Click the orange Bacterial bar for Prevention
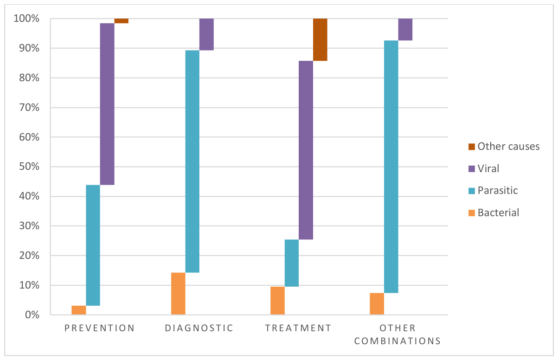point(79,310)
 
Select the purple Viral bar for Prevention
point(107,104)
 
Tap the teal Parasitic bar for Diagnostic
point(192,161)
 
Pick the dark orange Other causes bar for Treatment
point(320,39)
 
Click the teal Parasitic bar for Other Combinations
point(391,167)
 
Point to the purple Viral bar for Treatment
point(306,150)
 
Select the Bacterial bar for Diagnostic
point(178,294)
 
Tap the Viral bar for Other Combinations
point(405,29)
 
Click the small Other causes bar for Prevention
point(122,21)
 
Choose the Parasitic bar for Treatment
point(292,263)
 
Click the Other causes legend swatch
point(472,147)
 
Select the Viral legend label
point(488,169)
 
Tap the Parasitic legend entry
point(493,191)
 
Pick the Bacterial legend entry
point(494,213)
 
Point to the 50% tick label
point(29,167)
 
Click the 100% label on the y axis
point(26,19)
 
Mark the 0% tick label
point(32,315)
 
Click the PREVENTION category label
point(100,328)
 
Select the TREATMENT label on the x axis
point(298,328)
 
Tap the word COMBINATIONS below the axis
point(398,341)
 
